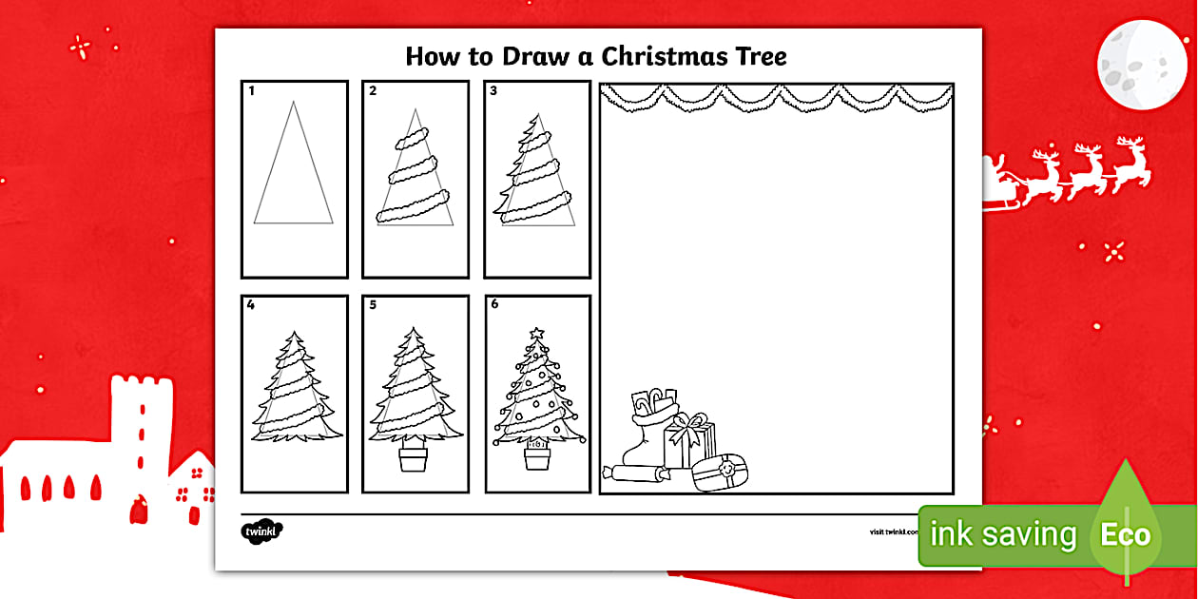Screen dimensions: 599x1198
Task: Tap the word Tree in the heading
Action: click(759, 56)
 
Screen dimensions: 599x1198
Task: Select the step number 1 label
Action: click(252, 92)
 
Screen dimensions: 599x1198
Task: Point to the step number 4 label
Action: click(252, 306)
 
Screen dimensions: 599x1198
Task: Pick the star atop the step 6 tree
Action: click(535, 334)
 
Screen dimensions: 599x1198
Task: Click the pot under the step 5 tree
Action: click(414, 458)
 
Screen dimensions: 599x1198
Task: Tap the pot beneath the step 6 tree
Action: click(537, 458)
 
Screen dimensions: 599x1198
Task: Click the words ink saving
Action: click(1003, 535)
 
